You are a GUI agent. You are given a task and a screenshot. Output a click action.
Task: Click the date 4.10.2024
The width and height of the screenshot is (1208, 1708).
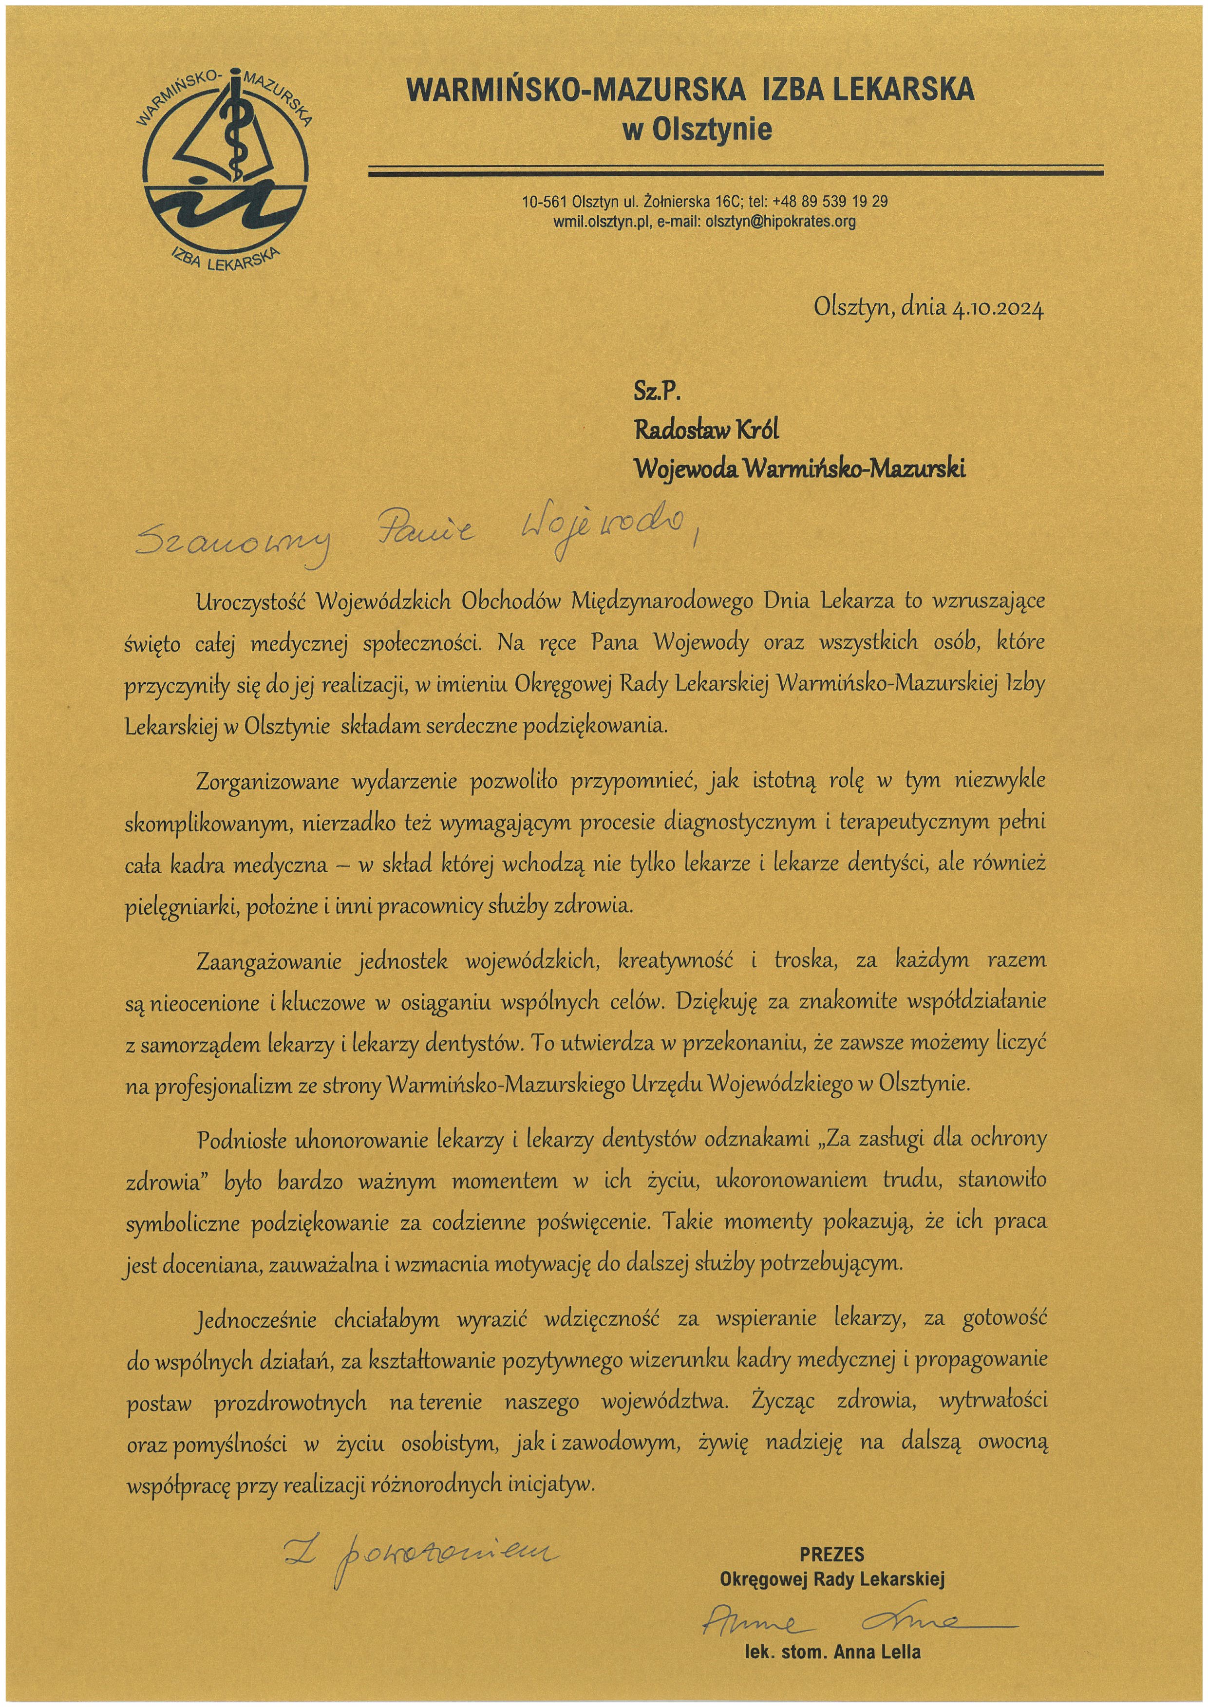pyautogui.click(x=997, y=308)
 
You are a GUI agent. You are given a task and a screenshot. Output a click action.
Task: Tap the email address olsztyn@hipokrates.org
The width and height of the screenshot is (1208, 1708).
pyautogui.click(x=780, y=221)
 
